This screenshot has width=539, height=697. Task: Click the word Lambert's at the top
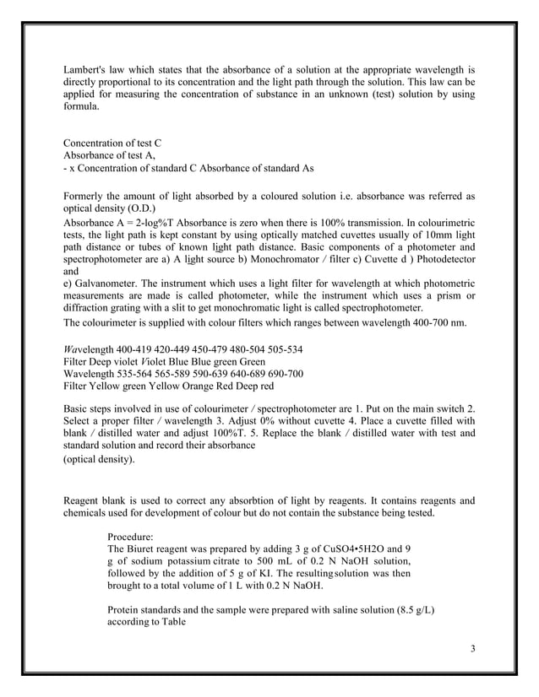86,68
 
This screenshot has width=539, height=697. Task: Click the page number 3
474,648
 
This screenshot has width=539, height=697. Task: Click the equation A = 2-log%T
128,222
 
